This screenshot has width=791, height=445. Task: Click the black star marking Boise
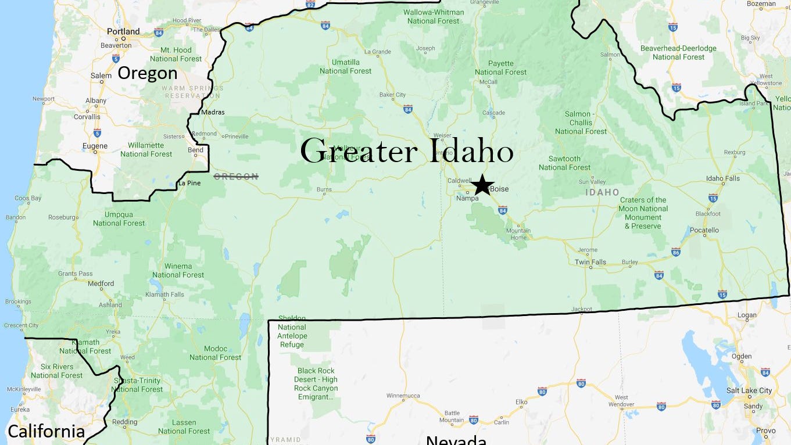point(482,185)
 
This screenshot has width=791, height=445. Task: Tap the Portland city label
point(123,31)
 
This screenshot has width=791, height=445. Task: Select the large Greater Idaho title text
point(406,152)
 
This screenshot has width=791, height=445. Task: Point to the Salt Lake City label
point(749,390)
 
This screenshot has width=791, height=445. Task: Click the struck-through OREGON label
point(236,177)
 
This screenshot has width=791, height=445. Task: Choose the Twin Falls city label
point(590,262)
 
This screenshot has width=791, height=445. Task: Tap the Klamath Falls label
point(165,295)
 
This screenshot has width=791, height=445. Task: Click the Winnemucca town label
point(403,396)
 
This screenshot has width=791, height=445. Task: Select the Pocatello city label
point(704,230)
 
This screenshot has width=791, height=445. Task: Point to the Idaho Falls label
point(723,178)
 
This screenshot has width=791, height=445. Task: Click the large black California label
point(46,432)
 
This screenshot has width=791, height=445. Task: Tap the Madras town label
point(213,112)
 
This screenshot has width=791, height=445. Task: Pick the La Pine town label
point(189,184)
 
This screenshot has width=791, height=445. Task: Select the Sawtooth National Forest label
point(564,163)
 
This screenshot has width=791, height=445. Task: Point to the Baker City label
point(392,95)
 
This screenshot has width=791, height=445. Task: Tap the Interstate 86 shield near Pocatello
point(675,252)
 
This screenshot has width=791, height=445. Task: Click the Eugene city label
point(95,146)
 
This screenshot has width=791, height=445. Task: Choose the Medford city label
point(101,283)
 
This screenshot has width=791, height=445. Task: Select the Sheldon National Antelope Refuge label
point(292,331)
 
